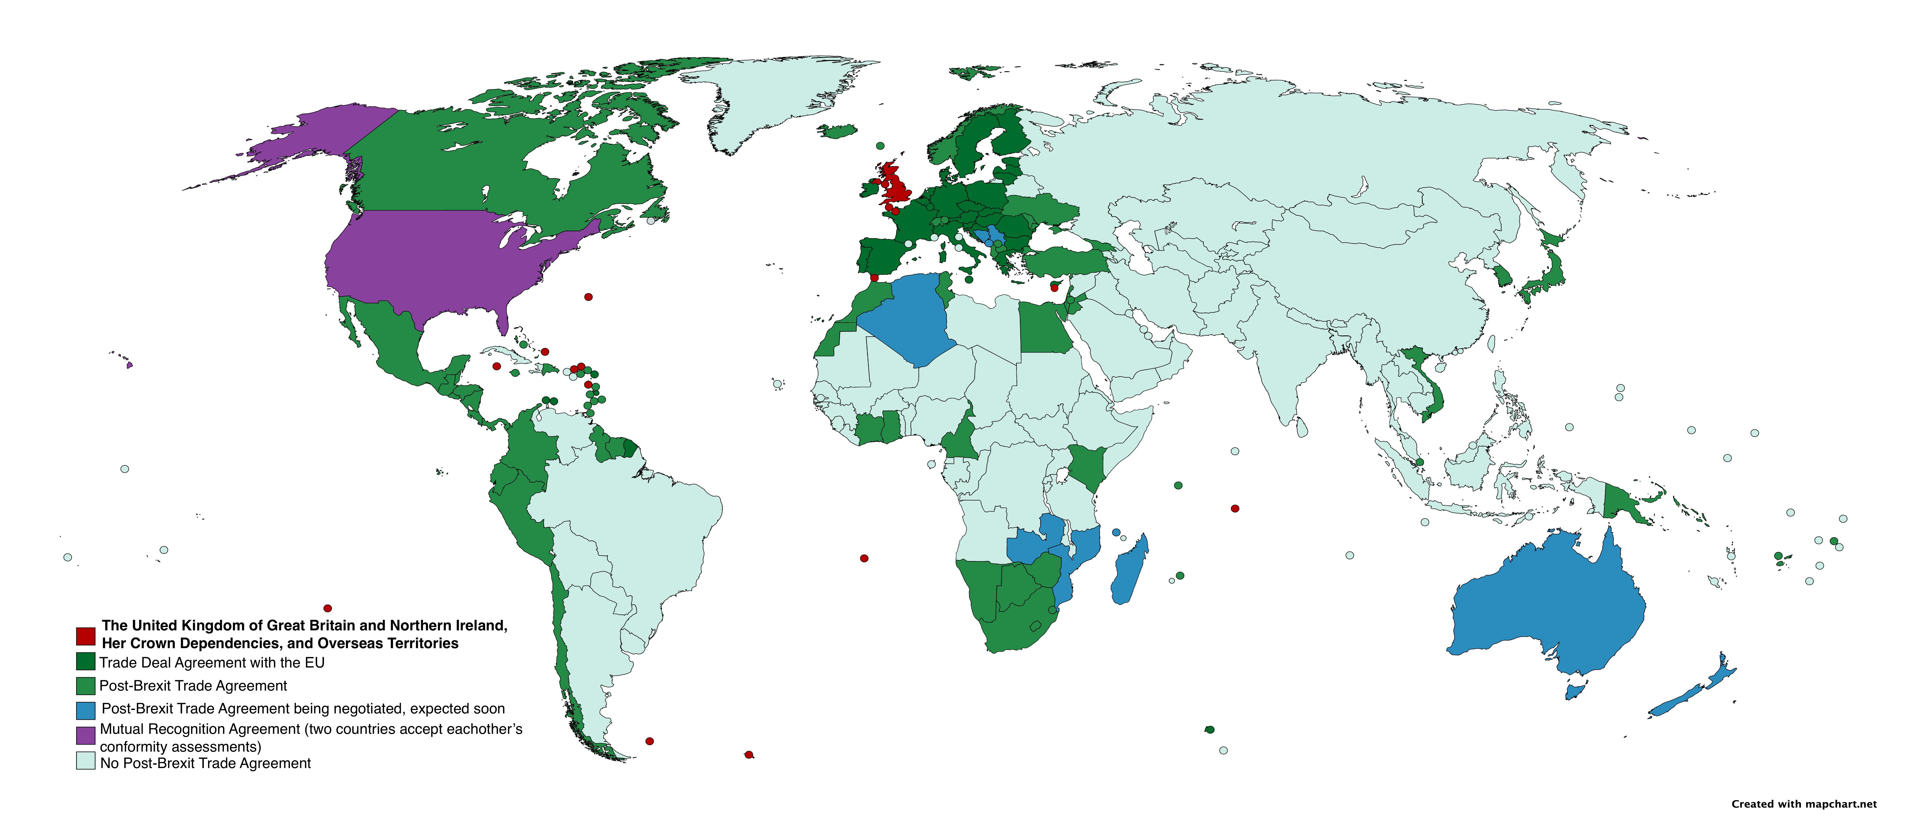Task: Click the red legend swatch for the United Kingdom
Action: click(x=86, y=636)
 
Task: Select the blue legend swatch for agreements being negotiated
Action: click(x=86, y=710)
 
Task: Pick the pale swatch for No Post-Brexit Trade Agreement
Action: click(x=86, y=761)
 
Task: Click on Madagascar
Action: click(x=1130, y=570)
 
